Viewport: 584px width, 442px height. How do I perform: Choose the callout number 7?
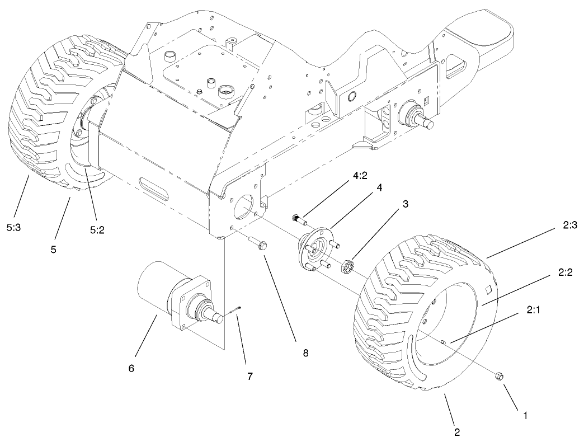[249, 376]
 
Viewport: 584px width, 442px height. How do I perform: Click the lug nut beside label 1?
[498, 378]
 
